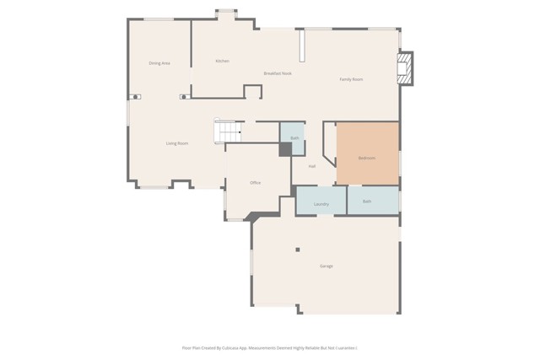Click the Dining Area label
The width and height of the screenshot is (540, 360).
pos(159,63)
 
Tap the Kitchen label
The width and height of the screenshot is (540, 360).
pos(222,61)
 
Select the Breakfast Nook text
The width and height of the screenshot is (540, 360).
pos(278,73)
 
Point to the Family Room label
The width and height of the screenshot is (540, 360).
pos(351,79)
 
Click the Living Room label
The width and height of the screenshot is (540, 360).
pos(176,143)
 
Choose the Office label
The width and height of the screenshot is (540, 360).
pos(255,183)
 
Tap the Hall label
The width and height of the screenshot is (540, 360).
pos(311,166)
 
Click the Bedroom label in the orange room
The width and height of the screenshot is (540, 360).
pos(367,158)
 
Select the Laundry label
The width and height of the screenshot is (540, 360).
pos(321,204)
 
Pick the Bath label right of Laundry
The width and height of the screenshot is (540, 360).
pos(367,201)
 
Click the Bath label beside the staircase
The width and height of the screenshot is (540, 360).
pos(294,138)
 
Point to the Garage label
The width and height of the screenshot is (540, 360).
pos(326,266)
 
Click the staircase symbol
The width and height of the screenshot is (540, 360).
pos(227,132)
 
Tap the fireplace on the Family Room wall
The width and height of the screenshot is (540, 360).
pos(405,68)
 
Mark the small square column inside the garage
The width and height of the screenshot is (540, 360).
pos(297,250)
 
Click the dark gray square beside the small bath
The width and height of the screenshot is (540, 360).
pos(286,149)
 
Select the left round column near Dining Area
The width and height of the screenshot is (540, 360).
pos(135,97)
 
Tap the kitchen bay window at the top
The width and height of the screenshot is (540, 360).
pos(226,14)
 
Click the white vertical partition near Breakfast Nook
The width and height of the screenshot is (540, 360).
pos(301,46)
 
